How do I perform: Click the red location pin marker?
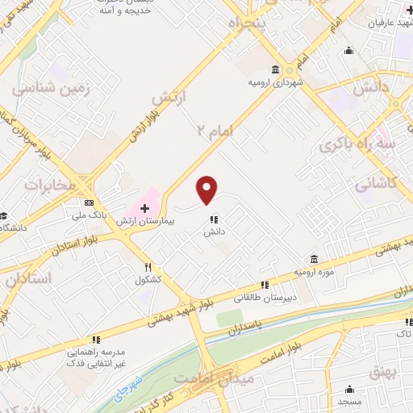click(207, 190)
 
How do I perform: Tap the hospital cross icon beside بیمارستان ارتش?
click(145, 209)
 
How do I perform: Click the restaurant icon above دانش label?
click(213, 219)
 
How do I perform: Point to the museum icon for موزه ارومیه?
click(312, 260)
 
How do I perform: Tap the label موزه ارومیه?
click(313, 272)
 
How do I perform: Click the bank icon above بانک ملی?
click(89, 202)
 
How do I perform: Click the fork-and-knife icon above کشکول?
click(148, 268)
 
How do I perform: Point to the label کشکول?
click(148, 280)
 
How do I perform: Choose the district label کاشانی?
click(375, 182)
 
